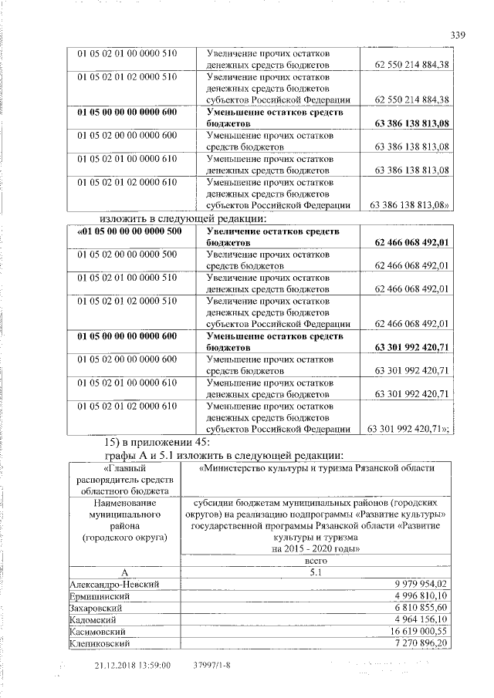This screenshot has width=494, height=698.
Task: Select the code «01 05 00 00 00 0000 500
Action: click(127, 231)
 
